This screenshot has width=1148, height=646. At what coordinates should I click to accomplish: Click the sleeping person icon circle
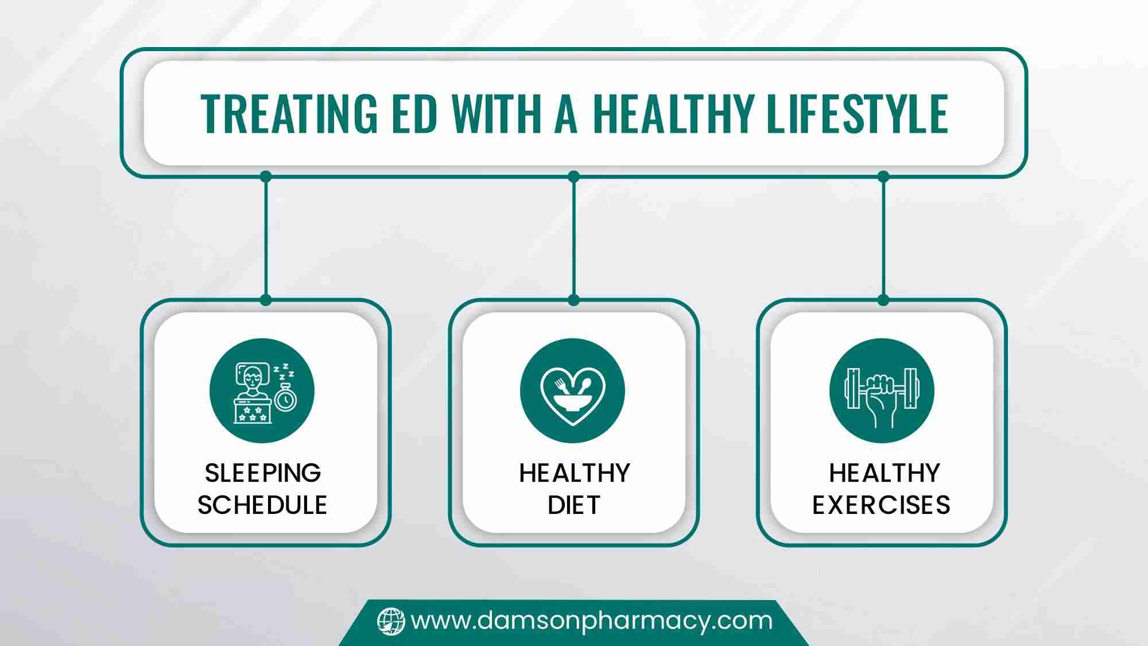(262, 391)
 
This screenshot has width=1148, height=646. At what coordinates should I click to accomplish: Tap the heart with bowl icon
(572, 391)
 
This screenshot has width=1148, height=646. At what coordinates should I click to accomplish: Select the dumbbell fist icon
(882, 391)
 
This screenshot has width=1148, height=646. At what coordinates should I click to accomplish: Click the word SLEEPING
(263, 473)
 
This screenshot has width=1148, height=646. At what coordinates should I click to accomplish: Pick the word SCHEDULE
(262, 505)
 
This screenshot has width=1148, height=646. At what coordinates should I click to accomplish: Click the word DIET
(574, 505)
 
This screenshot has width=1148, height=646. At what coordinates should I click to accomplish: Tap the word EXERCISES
(881, 505)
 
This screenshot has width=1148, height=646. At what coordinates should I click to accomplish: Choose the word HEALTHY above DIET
(575, 473)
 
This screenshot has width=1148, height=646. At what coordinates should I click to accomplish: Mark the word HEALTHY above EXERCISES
(885, 473)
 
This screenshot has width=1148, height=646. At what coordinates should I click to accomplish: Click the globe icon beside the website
(391, 621)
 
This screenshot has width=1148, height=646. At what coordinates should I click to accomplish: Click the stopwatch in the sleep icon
(285, 399)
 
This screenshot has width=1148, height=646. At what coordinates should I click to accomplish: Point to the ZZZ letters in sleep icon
(284, 372)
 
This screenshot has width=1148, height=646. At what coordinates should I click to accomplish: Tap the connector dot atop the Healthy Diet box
(573, 300)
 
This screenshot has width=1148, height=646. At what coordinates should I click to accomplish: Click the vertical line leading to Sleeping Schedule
(265, 238)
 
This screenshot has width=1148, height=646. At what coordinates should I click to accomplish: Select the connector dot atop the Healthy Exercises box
(883, 300)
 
